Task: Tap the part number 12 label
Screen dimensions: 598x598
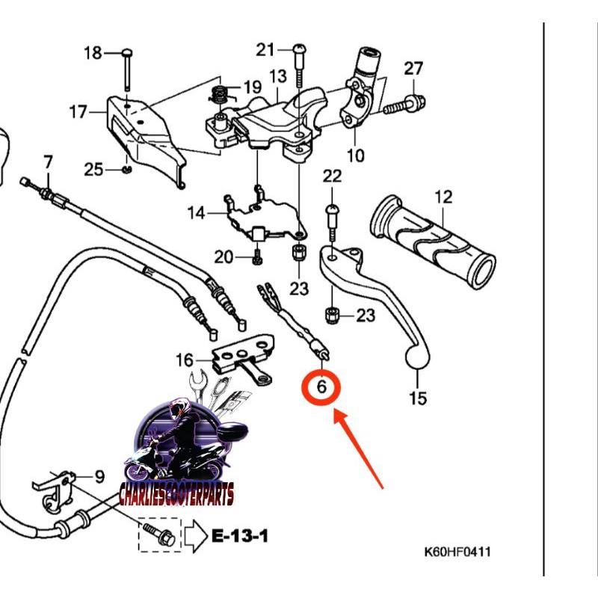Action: [x=444, y=198]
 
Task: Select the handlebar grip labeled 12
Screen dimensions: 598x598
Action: [x=434, y=243]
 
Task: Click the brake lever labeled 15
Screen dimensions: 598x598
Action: [x=374, y=299]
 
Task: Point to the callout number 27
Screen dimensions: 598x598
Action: [x=414, y=69]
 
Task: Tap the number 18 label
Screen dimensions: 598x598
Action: [x=93, y=53]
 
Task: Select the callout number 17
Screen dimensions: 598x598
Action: [x=78, y=112]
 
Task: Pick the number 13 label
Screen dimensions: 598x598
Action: [x=278, y=76]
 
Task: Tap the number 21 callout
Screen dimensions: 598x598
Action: [x=266, y=50]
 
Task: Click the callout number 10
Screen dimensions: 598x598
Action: [x=356, y=155]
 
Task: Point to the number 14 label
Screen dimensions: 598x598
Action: [x=196, y=214]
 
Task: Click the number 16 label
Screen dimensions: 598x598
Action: [x=185, y=361]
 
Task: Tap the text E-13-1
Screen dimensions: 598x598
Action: [x=239, y=536]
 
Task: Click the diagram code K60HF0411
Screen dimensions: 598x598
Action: [x=458, y=553]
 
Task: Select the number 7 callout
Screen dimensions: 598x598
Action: [x=49, y=161]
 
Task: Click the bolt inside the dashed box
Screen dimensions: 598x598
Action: [x=158, y=536]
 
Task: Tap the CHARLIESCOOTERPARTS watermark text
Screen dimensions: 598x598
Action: [x=176, y=494]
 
